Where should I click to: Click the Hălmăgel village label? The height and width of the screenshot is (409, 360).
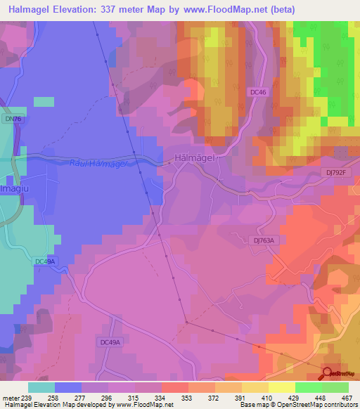point(197,158)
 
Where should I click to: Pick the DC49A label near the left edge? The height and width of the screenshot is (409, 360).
point(45,261)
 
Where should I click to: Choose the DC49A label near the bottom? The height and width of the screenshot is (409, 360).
point(110,342)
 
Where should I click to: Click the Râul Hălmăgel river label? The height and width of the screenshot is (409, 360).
point(100,164)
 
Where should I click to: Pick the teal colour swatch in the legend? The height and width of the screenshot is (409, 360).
point(41,387)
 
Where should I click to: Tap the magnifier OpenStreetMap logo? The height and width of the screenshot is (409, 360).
point(328,374)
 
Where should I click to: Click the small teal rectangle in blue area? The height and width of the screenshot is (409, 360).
point(44,101)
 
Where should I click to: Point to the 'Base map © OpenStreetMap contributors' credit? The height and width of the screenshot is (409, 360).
point(297,405)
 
